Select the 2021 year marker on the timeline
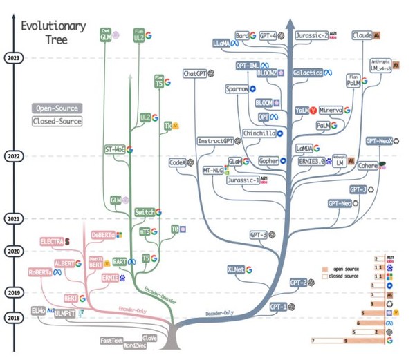[x=12, y=219]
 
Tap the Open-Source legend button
[x=57, y=108]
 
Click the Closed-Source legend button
[x=57, y=122]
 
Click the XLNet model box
[x=235, y=269]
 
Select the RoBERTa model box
[x=41, y=272]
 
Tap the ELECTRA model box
[x=52, y=241]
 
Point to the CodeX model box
[x=178, y=162]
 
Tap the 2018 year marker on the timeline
[x=12, y=317]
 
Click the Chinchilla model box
[x=259, y=133]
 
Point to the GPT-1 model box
[x=278, y=307]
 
